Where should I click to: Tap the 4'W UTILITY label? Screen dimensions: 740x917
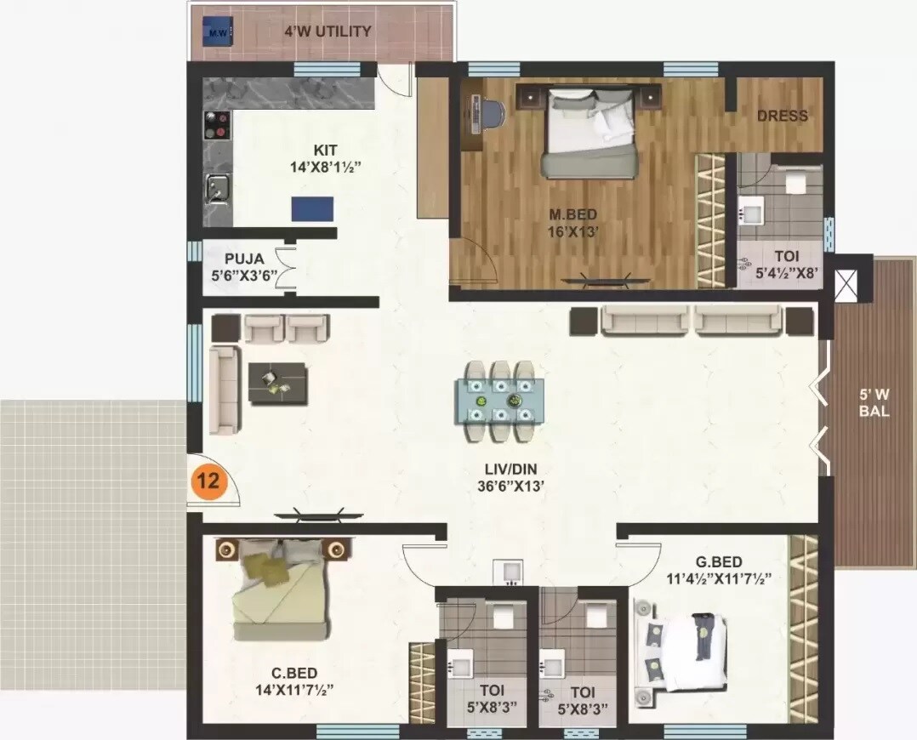tap(327, 31)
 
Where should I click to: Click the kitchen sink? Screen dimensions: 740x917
tap(218, 188)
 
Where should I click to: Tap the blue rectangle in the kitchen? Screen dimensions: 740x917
tap(312, 209)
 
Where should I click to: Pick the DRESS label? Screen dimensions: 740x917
tap(782, 116)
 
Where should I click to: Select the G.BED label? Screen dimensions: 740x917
tap(719, 561)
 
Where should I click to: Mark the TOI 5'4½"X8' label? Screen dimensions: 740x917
tap(779, 264)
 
